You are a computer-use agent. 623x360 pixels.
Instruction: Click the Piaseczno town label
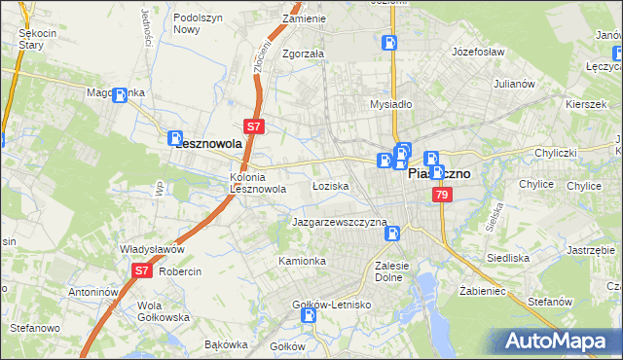[x=438, y=174]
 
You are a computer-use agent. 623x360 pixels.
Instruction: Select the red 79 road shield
[x=443, y=196]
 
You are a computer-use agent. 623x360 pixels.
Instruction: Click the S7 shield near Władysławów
[x=141, y=270]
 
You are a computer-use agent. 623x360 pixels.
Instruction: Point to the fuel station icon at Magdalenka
[x=121, y=95]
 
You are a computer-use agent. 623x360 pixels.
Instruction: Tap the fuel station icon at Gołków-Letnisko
[x=309, y=315]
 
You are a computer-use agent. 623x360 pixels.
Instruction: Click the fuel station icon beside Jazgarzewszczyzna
[x=395, y=234]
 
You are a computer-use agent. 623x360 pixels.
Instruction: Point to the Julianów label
[x=515, y=84]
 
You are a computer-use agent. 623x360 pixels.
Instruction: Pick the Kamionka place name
[x=302, y=261]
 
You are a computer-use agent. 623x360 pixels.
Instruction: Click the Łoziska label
[x=330, y=185]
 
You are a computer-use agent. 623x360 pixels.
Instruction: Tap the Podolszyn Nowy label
[x=200, y=23]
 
